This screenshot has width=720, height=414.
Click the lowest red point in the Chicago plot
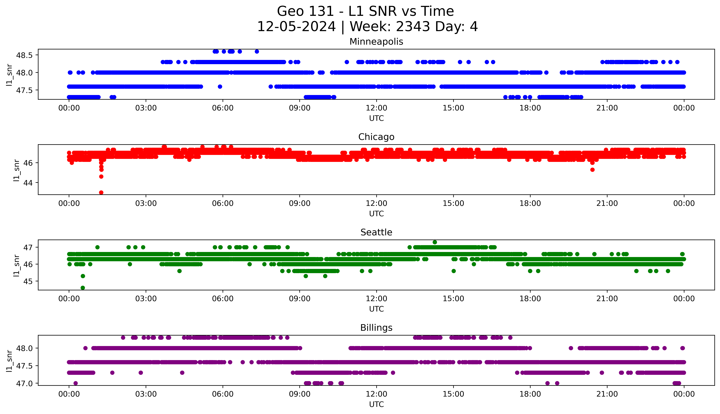tap(101, 192)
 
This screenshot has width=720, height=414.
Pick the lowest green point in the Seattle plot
tap(83, 288)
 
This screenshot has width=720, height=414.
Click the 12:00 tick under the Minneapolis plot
tap(376, 108)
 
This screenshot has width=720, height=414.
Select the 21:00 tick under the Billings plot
tap(607, 394)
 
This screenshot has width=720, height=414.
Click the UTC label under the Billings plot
tap(376, 404)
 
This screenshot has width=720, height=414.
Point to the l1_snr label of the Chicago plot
tap(17, 170)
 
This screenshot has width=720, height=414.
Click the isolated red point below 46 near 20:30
tap(592, 170)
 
